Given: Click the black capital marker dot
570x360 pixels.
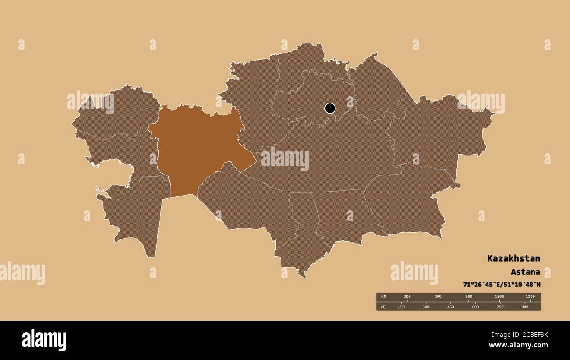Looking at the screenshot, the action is click(x=330, y=108).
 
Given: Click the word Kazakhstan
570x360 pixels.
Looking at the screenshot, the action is click(x=513, y=258).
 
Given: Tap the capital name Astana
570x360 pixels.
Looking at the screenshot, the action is click(x=525, y=272).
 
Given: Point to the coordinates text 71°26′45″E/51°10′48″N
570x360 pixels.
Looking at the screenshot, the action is click(x=502, y=285).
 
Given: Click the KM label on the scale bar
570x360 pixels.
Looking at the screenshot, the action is click(x=384, y=297).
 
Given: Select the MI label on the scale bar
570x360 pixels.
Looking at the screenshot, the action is click(x=384, y=307).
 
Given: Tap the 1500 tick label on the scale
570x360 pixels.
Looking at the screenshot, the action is click(x=530, y=297).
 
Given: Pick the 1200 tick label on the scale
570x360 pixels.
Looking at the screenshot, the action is click(x=499, y=297).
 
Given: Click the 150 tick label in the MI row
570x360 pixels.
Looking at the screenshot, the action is click(x=401, y=307).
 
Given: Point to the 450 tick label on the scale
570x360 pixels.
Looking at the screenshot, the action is click(x=450, y=307).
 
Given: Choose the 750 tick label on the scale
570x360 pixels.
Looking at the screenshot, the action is click(x=500, y=307).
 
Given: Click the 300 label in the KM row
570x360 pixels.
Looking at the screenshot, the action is click(x=407, y=297).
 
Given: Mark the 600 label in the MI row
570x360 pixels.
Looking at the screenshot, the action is click(x=475, y=307).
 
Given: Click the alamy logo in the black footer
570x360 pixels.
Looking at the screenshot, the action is click(x=44, y=340).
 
